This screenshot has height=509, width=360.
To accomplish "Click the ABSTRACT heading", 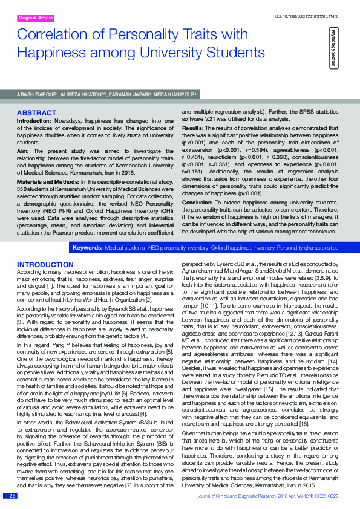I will (36, 113).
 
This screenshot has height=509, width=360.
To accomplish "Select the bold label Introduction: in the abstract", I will (34, 122).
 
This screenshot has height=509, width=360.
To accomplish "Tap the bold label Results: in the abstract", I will (193, 129).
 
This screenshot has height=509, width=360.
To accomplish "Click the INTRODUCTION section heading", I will (45, 265).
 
